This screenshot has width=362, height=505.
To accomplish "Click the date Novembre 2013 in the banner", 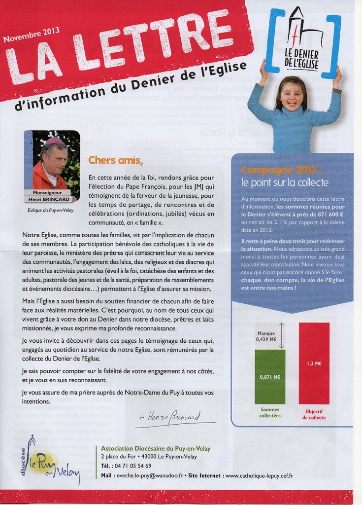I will tap(32, 35).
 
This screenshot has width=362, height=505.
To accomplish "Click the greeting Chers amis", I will tap(115, 160).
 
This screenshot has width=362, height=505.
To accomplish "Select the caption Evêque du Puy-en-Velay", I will tap(51, 210).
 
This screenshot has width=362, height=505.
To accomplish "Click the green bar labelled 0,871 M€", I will tap(269, 377).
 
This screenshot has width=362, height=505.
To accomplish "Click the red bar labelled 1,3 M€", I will tap(314, 363).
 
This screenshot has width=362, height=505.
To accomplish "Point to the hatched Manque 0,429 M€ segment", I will tap(266, 336).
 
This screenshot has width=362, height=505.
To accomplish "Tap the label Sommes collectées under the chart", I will tap(269, 412).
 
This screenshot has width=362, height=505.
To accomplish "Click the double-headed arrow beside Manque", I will tap(281, 336).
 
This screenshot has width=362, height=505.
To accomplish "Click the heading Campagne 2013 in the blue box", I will tap(281, 170).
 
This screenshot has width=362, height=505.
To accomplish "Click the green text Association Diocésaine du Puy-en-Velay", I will tap(155, 448).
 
